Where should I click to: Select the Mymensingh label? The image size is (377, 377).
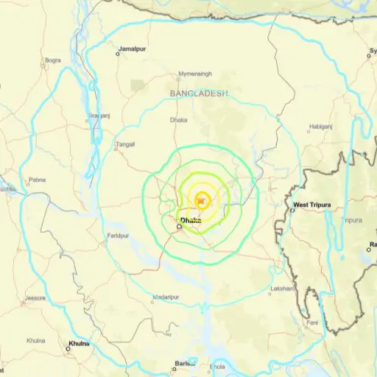(x=194, y=74)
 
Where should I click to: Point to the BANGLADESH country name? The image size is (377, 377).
(x=199, y=94)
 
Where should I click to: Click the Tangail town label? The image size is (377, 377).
(x=124, y=145)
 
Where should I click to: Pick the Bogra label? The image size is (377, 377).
(x=53, y=60)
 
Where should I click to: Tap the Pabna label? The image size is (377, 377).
(x=37, y=180)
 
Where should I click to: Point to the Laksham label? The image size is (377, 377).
(x=283, y=287)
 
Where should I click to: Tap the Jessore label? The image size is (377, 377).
(x=35, y=298)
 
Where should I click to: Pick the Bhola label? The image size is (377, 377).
(x=218, y=366)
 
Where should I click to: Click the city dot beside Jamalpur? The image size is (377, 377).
(x=117, y=53)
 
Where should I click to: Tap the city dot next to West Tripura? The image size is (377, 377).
(x=292, y=209)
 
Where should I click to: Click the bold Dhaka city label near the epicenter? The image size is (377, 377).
(x=190, y=219)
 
